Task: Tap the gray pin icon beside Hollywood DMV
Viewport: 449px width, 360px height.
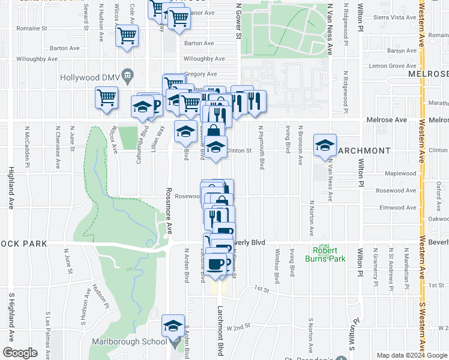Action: pyautogui.click(x=127, y=74)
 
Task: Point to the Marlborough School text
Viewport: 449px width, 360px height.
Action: pyautogui.click(x=129, y=341)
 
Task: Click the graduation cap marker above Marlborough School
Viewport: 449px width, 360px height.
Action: pyautogui.click(x=173, y=327)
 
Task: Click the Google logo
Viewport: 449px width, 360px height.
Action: pyautogui.click(x=20, y=352)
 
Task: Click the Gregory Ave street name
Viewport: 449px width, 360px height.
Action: pyautogui.click(x=200, y=74)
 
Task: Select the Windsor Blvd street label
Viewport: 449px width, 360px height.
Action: pyautogui.click(x=277, y=266)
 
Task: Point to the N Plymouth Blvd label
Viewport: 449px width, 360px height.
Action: pyautogui.click(x=262, y=147)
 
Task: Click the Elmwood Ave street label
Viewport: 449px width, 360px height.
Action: pyautogui.click(x=395, y=208)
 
